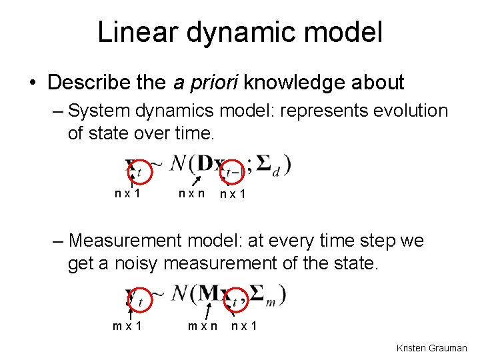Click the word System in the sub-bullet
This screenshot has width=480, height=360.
click(101, 111)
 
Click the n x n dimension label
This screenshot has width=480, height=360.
click(191, 194)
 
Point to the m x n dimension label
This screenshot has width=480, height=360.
click(202, 327)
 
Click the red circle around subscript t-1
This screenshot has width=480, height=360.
click(232, 171)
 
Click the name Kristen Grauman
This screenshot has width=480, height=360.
click(431, 348)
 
